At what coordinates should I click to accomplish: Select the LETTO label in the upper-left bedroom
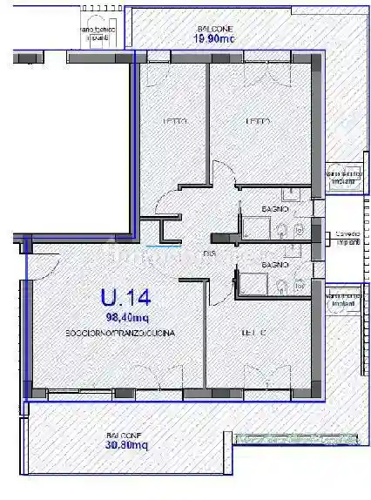(177, 121)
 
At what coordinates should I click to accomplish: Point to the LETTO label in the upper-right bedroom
(258, 121)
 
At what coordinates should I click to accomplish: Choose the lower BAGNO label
(275, 264)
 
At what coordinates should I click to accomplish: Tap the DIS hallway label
(210, 253)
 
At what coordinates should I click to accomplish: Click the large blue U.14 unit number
(119, 298)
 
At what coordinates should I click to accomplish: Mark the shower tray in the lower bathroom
(254, 284)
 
